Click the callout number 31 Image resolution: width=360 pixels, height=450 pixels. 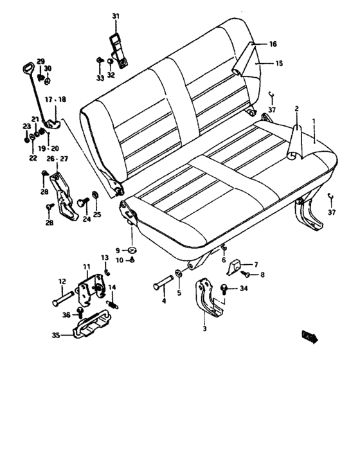pyautogui.click(x=116, y=15)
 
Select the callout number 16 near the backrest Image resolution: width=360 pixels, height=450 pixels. pyautogui.click(x=273, y=44)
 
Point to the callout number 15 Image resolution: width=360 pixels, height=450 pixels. pyautogui.click(x=280, y=63)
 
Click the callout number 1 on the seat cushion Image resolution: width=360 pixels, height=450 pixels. pyautogui.click(x=314, y=121)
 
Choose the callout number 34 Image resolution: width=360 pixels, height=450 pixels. pyautogui.click(x=244, y=288)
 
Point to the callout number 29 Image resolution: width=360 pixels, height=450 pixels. pyautogui.click(x=40, y=61)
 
